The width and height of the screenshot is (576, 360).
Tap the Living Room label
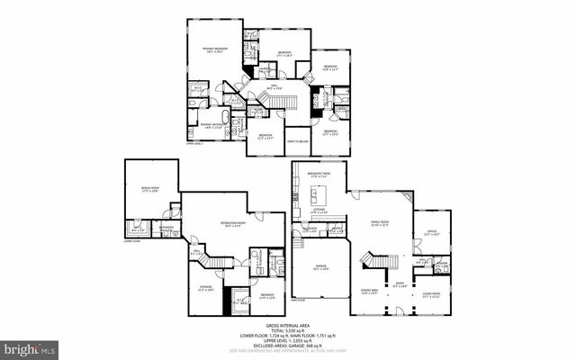coord(430,293)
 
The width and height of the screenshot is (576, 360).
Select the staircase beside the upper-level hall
coord(282,105)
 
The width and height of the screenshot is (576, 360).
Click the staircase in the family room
coord(377,262)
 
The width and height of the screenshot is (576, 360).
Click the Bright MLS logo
coord(30,347)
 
